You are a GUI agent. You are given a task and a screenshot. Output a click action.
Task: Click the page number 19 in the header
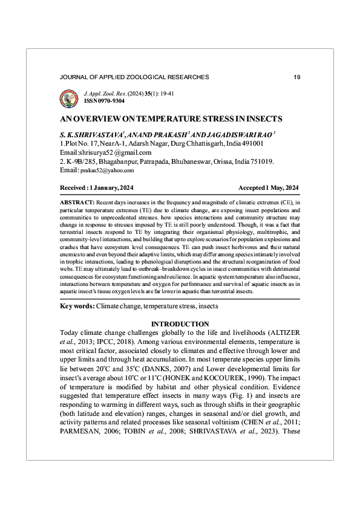296,77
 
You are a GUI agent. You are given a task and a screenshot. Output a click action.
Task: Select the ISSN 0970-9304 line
100,102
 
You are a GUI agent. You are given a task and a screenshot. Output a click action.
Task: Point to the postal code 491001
250,144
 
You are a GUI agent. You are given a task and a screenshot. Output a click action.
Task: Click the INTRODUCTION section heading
180,324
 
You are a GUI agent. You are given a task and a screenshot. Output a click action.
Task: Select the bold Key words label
77,306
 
